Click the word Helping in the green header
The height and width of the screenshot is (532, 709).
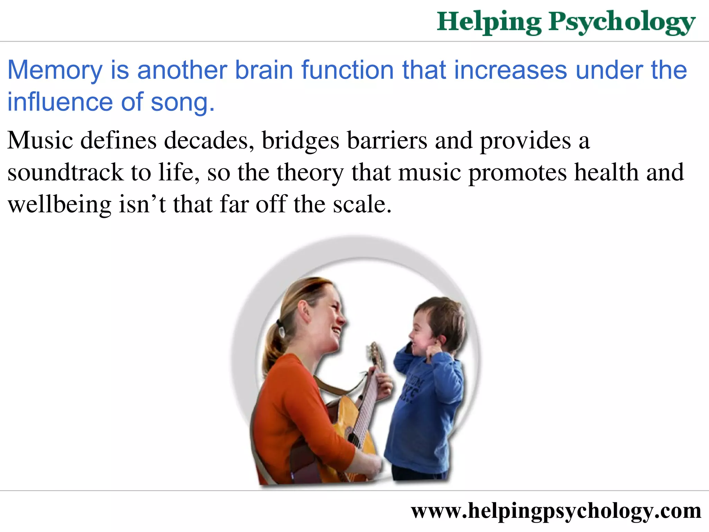[x=489, y=22]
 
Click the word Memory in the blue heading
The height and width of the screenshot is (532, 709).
[x=55, y=70]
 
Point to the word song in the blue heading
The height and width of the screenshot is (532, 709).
[x=180, y=103]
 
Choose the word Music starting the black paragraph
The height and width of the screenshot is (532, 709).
[x=40, y=141]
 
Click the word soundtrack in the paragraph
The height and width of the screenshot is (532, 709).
[x=65, y=172]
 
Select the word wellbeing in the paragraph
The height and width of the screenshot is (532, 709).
[x=59, y=205]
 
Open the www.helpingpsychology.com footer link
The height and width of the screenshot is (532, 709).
[x=556, y=511]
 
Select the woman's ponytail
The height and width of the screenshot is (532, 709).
[x=273, y=346]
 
